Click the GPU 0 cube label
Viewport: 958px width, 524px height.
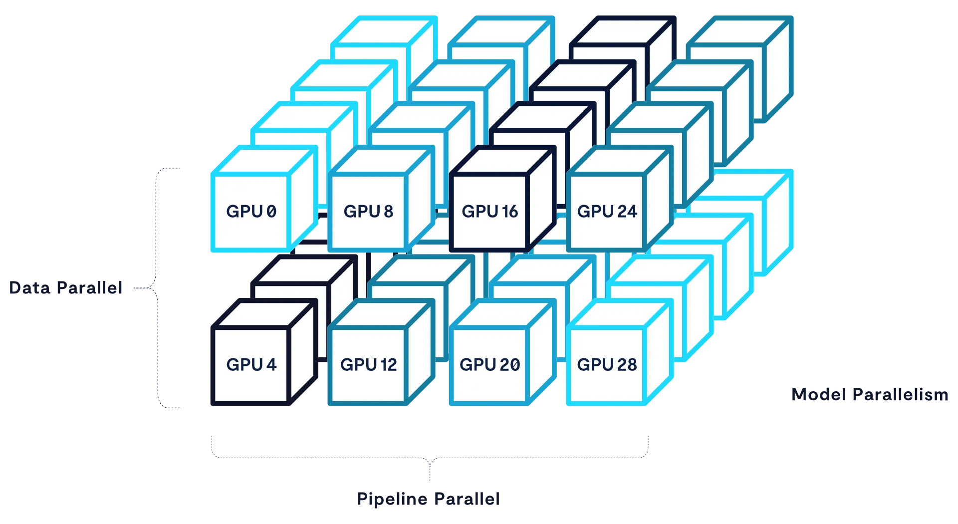click(251, 211)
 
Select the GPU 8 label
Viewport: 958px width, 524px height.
click(368, 211)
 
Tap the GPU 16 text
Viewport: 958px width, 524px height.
click(489, 211)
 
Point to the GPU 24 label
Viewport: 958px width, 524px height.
click(607, 211)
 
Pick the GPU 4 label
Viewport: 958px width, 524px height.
click(251, 364)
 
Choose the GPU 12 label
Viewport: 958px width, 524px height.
click(368, 364)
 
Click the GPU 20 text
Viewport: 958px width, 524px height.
click(489, 364)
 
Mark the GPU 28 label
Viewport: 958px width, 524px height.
click(607, 364)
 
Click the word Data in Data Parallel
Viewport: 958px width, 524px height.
click(30, 287)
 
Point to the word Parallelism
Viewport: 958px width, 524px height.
click(900, 394)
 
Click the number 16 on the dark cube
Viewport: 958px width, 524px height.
click(509, 211)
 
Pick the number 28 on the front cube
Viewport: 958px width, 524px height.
click(627, 364)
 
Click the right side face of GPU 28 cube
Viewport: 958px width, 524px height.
click(659, 352)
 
